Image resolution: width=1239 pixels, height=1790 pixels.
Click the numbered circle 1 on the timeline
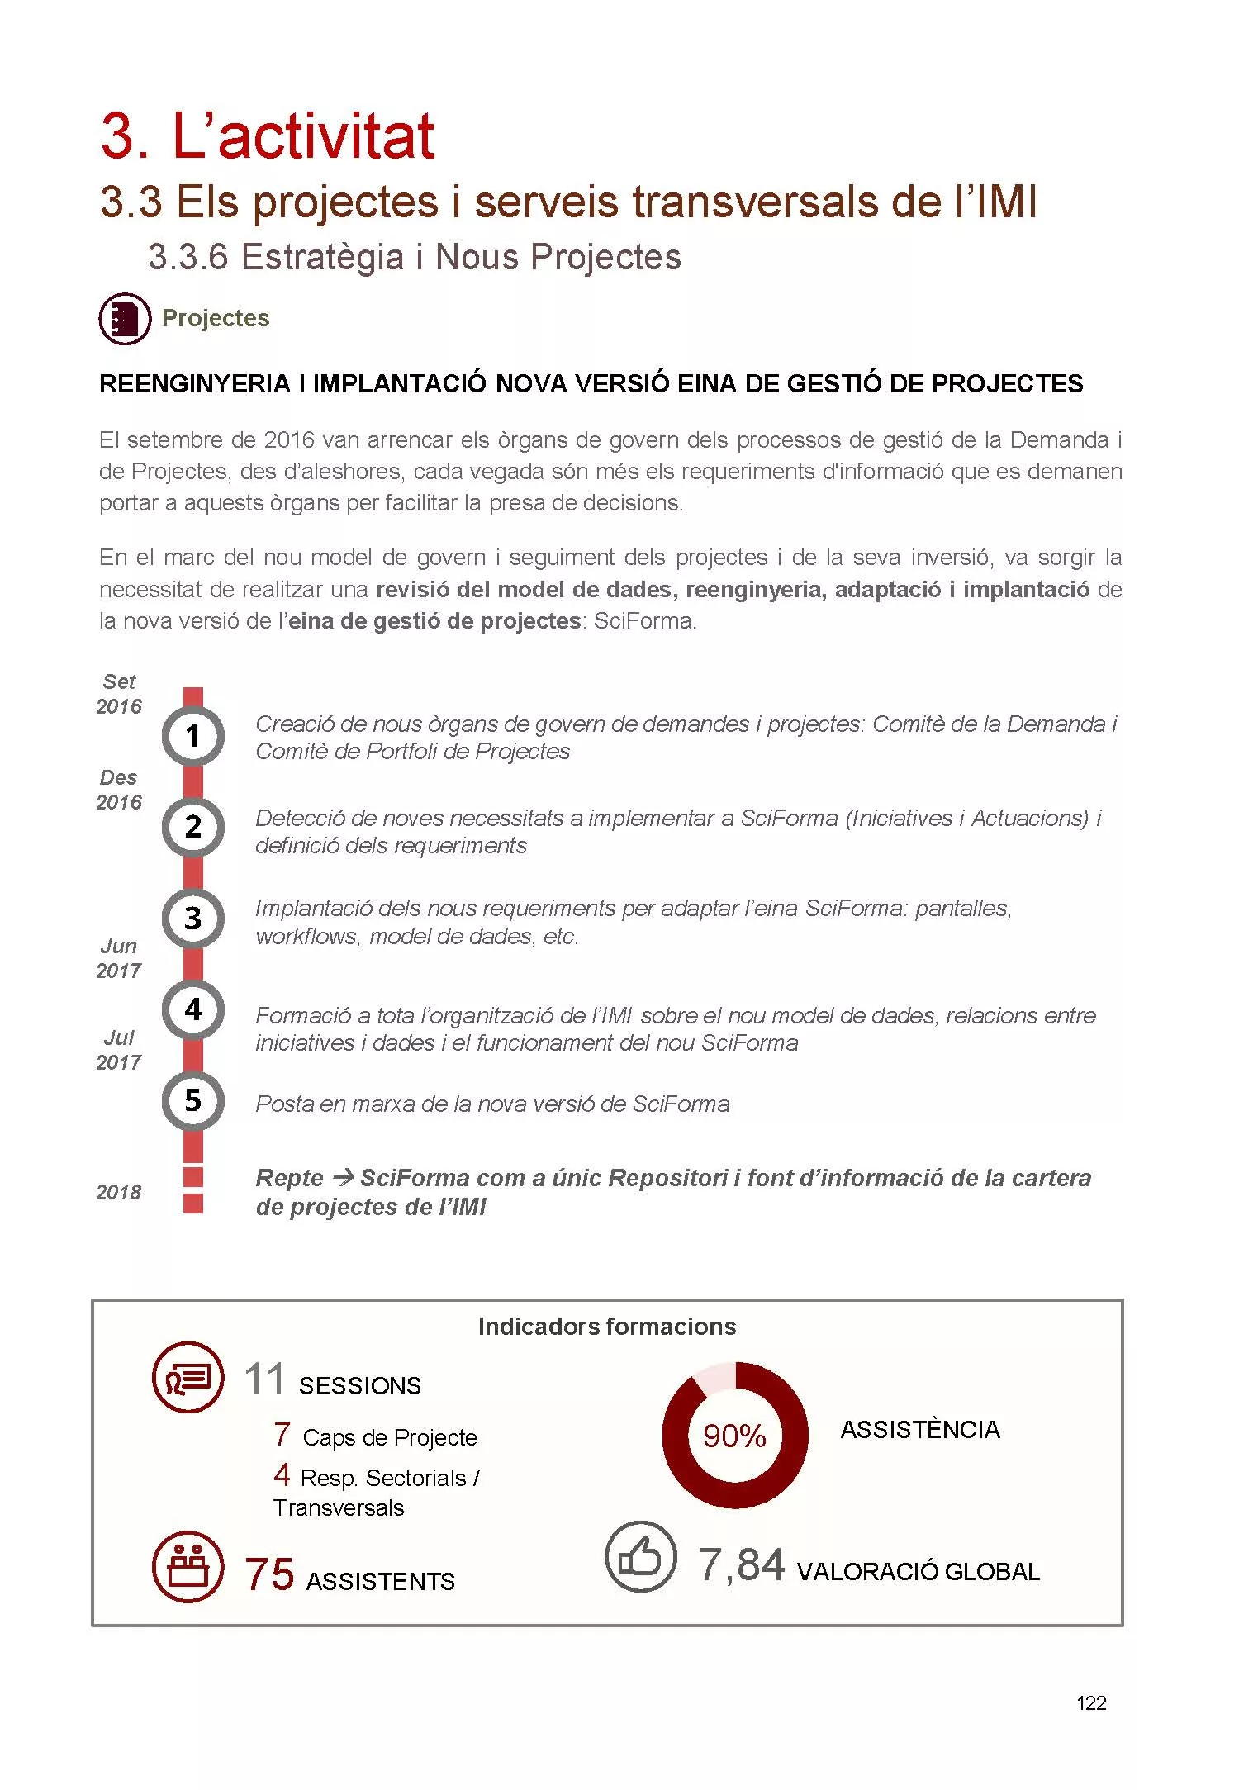coord(192,735)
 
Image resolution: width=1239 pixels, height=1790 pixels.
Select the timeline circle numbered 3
coord(192,918)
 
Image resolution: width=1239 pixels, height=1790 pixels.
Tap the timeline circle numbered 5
coord(192,1100)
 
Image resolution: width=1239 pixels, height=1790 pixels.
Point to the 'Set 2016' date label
coord(119,694)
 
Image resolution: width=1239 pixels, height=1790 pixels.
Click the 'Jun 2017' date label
coord(119,958)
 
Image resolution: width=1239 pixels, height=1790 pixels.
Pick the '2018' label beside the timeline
coord(119,1192)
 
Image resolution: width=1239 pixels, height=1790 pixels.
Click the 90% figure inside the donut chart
coord(734,1436)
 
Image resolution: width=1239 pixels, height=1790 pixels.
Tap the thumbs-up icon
coord(640,1557)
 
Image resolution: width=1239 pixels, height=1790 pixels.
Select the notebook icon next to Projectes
coord(125,318)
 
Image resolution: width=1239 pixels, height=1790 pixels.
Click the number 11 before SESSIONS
coord(264,1380)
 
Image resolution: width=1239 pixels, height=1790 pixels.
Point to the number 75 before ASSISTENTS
coord(269,1574)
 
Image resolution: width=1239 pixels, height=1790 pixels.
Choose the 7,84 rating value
coord(741,1566)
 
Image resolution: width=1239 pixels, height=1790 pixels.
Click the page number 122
coord(1091,1702)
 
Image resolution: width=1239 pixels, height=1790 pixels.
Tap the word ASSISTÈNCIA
coord(920,1430)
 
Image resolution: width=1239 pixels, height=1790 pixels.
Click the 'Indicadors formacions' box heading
coord(607,1327)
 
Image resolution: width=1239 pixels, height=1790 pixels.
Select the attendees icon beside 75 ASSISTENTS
coord(188,1567)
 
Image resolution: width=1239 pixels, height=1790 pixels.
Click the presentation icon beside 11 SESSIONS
coord(188,1377)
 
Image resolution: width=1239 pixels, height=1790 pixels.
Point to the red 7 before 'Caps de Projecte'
coord(282,1434)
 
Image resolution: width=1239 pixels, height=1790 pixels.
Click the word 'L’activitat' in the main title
coord(302,136)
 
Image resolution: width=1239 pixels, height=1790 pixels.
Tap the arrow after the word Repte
coord(342,1177)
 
